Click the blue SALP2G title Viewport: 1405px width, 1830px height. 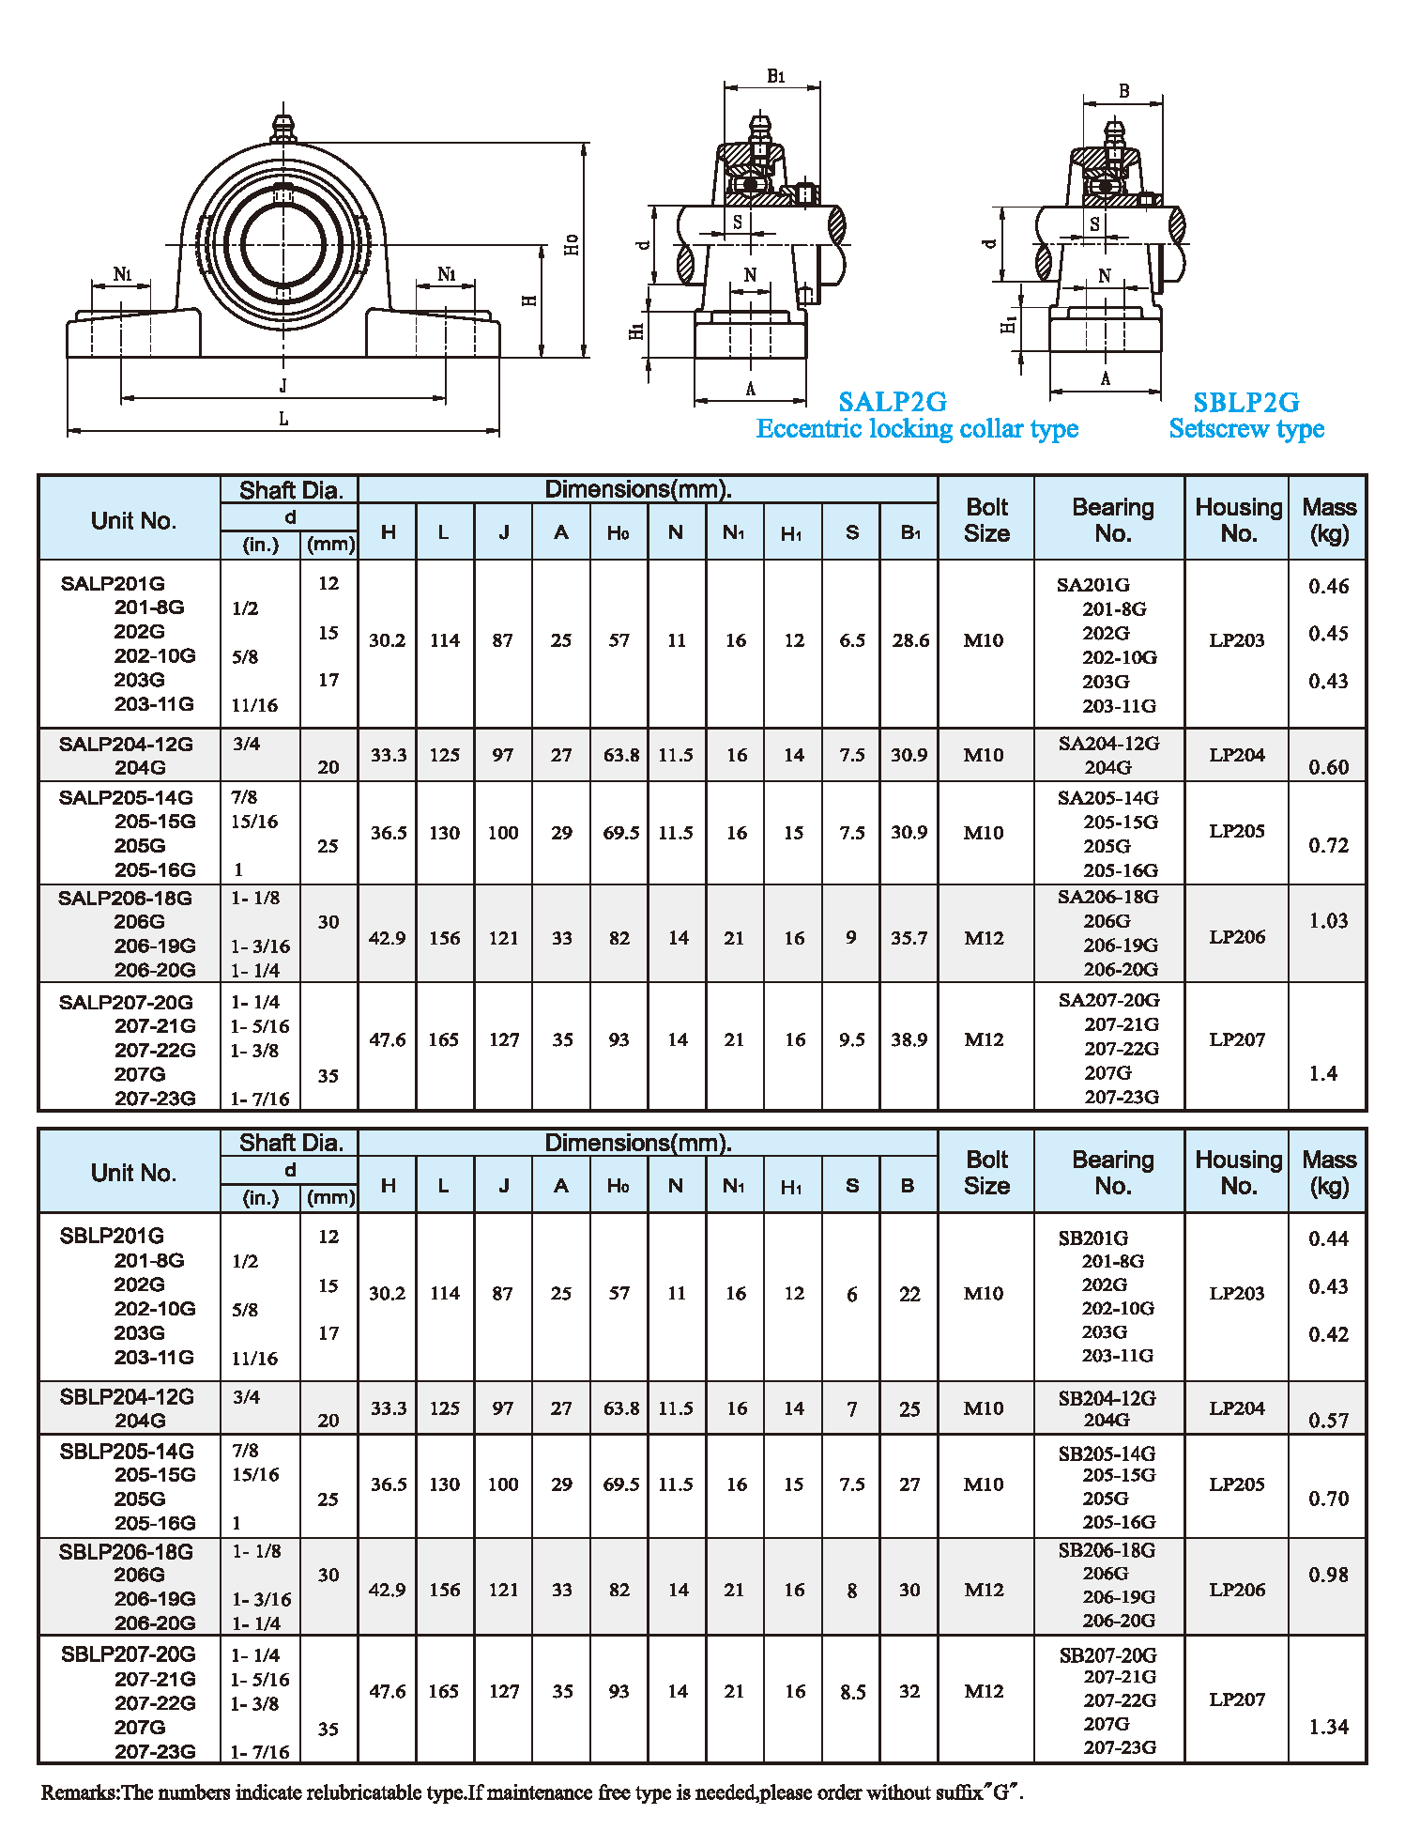click(892, 402)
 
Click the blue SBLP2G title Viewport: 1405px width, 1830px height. click(1245, 402)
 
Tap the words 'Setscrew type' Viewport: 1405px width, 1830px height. click(1245, 429)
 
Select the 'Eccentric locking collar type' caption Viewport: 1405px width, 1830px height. click(917, 429)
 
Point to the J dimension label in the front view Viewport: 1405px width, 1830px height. click(283, 385)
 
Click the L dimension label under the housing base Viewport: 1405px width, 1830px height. click(283, 419)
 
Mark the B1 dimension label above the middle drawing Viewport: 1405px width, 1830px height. click(775, 76)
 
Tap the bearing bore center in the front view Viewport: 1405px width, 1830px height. click(283, 246)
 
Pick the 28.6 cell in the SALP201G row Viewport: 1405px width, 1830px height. click(910, 640)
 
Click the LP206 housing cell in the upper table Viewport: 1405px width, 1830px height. click(1236, 936)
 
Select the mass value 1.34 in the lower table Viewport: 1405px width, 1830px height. click(1328, 1727)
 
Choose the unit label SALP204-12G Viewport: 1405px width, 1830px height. click(126, 744)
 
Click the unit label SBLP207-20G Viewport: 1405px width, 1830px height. click(128, 1653)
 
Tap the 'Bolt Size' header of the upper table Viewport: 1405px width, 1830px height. click(986, 519)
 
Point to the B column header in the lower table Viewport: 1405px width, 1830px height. click(908, 1185)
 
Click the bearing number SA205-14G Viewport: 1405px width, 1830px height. click(1107, 797)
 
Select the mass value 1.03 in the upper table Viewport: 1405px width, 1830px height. click(1328, 920)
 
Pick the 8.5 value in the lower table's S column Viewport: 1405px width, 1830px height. click(852, 1691)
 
